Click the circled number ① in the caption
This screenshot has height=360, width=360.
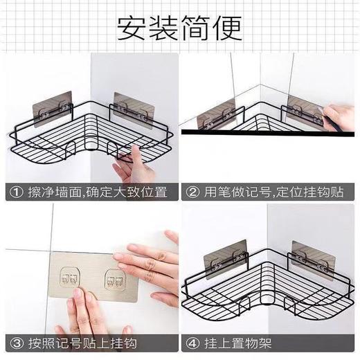[x=13, y=191]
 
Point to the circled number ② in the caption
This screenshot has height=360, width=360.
[x=191, y=191]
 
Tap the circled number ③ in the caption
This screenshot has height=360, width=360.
[x=13, y=343]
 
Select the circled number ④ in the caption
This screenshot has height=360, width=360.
[x=191, y=343]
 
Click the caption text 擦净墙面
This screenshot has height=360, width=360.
[x=52, y=191]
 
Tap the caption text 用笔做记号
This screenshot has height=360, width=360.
[x=235, y=191]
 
